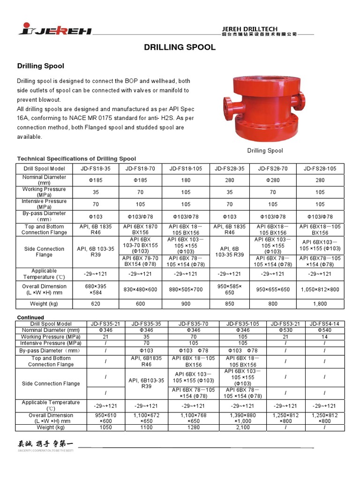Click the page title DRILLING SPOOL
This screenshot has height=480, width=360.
click(x=180, y=47)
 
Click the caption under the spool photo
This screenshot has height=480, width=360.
click(x=265, y=150)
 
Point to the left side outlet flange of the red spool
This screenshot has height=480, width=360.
click(x=228, y=102)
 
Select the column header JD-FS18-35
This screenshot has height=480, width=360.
click(x=95, y=169)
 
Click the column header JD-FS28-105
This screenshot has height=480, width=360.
click(x=320, y=169)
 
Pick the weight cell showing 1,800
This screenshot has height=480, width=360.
click(x=320, y=304)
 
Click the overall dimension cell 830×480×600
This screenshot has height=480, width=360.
click(x=141, y=290)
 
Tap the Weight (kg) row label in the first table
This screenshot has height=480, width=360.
click(x=45, y=304)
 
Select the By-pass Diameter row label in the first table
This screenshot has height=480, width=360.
click(x=45, y=217)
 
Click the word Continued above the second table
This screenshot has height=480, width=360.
click(x=30, y=317)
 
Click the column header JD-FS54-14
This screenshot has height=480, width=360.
click(x=324, y=324)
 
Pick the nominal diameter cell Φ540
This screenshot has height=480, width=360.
click(x=324, y=330)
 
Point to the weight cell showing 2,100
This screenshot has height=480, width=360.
click(x=243, y=427)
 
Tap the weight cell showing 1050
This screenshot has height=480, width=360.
click(x=106, y=427)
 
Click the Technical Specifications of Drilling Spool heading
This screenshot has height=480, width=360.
click(x=76, y=159)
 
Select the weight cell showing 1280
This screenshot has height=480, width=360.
click(x=194, y=427)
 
